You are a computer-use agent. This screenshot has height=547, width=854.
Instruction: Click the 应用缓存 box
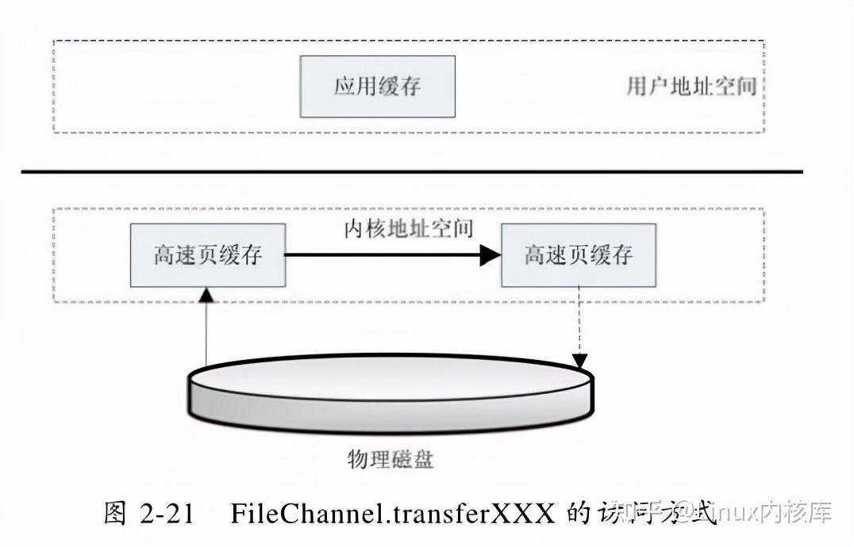[x=377, y=86]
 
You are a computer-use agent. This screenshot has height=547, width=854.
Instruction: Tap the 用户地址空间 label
[x=691, y=86]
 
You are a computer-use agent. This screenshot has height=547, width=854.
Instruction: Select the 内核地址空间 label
[x=409, y=229]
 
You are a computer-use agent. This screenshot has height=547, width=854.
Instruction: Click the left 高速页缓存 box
[x=208, y=255]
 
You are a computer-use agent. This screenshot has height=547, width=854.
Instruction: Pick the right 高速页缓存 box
[x=578, y=255]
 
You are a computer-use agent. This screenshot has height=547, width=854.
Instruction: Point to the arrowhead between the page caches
[x=490, y=255]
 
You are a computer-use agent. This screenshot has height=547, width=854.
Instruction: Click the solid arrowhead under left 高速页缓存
[x=206, y=295]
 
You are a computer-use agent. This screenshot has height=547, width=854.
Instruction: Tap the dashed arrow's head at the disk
[x=579, y=361]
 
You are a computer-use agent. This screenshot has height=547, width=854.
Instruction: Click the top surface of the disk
[x=389, y=377]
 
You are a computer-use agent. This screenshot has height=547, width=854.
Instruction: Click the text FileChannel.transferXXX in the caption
[x=393, y=514]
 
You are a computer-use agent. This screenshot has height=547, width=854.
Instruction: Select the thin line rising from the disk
[x=206, y=333]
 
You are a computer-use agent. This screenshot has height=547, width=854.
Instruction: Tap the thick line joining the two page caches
[x=381, y=255]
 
